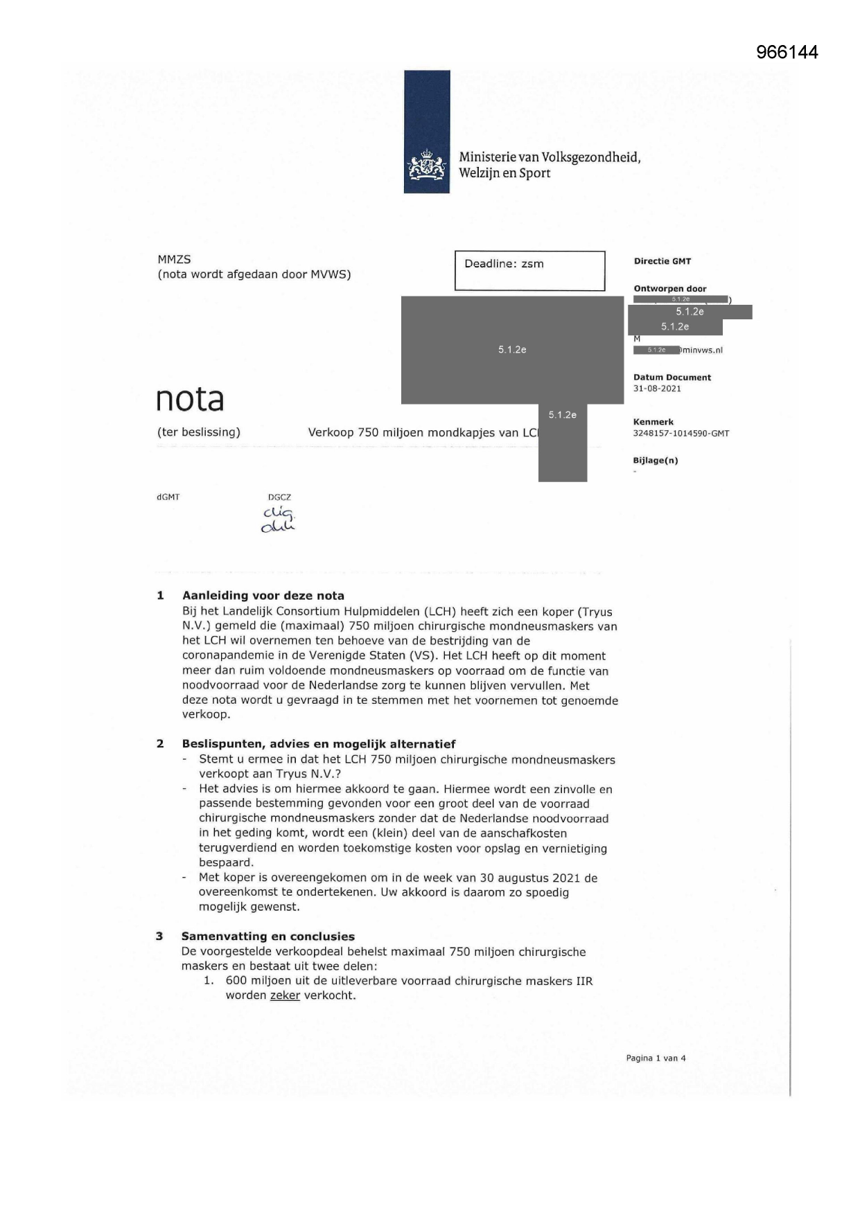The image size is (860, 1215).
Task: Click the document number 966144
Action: click(787, 53)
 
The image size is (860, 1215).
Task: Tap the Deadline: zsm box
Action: click(529, 270)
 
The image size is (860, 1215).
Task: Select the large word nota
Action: click(190, 399)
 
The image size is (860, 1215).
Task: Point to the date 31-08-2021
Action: click(657, 389)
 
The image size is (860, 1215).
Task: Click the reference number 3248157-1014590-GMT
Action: click(681, 434)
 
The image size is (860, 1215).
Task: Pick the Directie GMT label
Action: click(662, 261)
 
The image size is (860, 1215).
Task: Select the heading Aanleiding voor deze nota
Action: click(263, 596)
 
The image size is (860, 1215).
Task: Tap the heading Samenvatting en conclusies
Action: click(267, 937)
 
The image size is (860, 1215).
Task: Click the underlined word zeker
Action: click(285, 996)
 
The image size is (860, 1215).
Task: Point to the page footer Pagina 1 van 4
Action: click(656, 1058)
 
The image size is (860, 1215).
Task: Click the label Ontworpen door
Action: click(669, 289)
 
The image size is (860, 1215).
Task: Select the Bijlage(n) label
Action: click(655, 461)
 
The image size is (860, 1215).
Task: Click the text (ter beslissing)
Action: click(198, 432)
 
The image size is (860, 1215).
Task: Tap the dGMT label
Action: click(168, 497)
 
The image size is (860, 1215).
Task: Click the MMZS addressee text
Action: click(174, 260)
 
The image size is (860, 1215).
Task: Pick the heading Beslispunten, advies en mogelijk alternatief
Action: click(318, 744)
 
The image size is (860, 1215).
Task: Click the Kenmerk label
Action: click(653, 422)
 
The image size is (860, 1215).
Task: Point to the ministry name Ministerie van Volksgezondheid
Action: click(549, 158)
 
